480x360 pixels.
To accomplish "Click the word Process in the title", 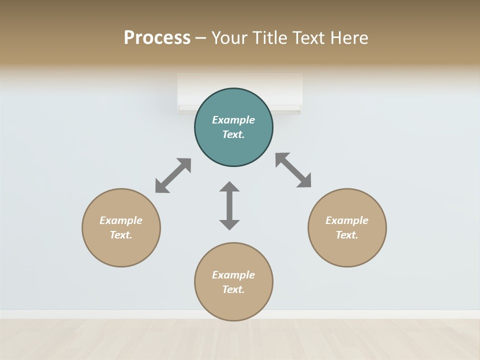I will tap(157, 38).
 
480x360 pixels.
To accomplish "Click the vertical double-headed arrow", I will tap(229, 205).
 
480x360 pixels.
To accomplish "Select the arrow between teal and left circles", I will tap(173, 175).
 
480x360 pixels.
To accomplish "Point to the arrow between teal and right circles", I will tap(293, 170).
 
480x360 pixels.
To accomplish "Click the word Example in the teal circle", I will tap(233, 120).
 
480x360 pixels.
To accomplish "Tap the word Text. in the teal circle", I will tap(233, 134).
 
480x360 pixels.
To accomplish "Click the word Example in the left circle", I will tap(121, 220).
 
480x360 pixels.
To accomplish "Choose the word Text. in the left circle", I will tap(121, 235).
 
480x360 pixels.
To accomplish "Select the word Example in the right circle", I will tap(347, 220).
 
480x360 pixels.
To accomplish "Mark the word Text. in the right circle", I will tap(347, 235).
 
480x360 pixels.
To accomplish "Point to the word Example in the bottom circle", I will tap(233, 275).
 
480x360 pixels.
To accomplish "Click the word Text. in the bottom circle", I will tap(233, 289).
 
